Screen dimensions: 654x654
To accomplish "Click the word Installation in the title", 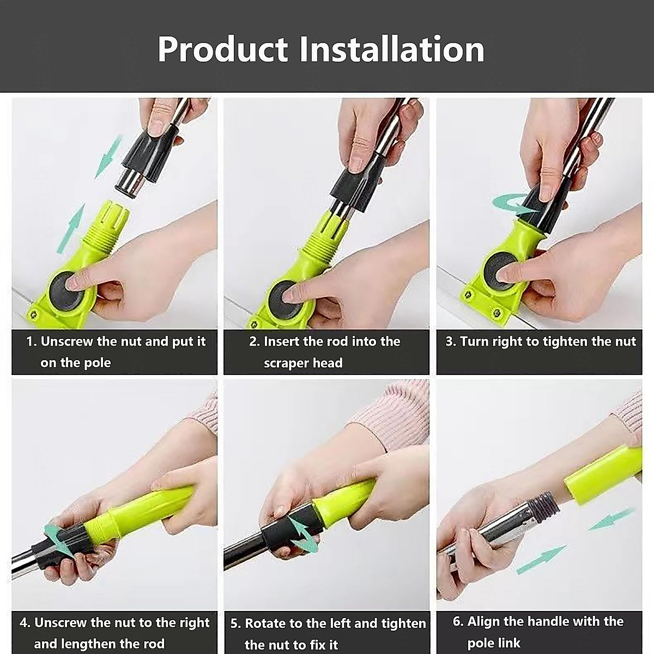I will (x=392, y=49).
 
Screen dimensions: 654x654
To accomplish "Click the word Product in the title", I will (x=222, y=49).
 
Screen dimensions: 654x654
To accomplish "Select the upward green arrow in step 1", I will (x=71, y=228).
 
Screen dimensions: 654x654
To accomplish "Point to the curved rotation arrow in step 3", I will (x=513, y=204).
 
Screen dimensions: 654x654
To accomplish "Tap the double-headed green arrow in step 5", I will (x=302, y=535).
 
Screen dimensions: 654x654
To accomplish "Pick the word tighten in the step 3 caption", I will (x=566, y=342).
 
